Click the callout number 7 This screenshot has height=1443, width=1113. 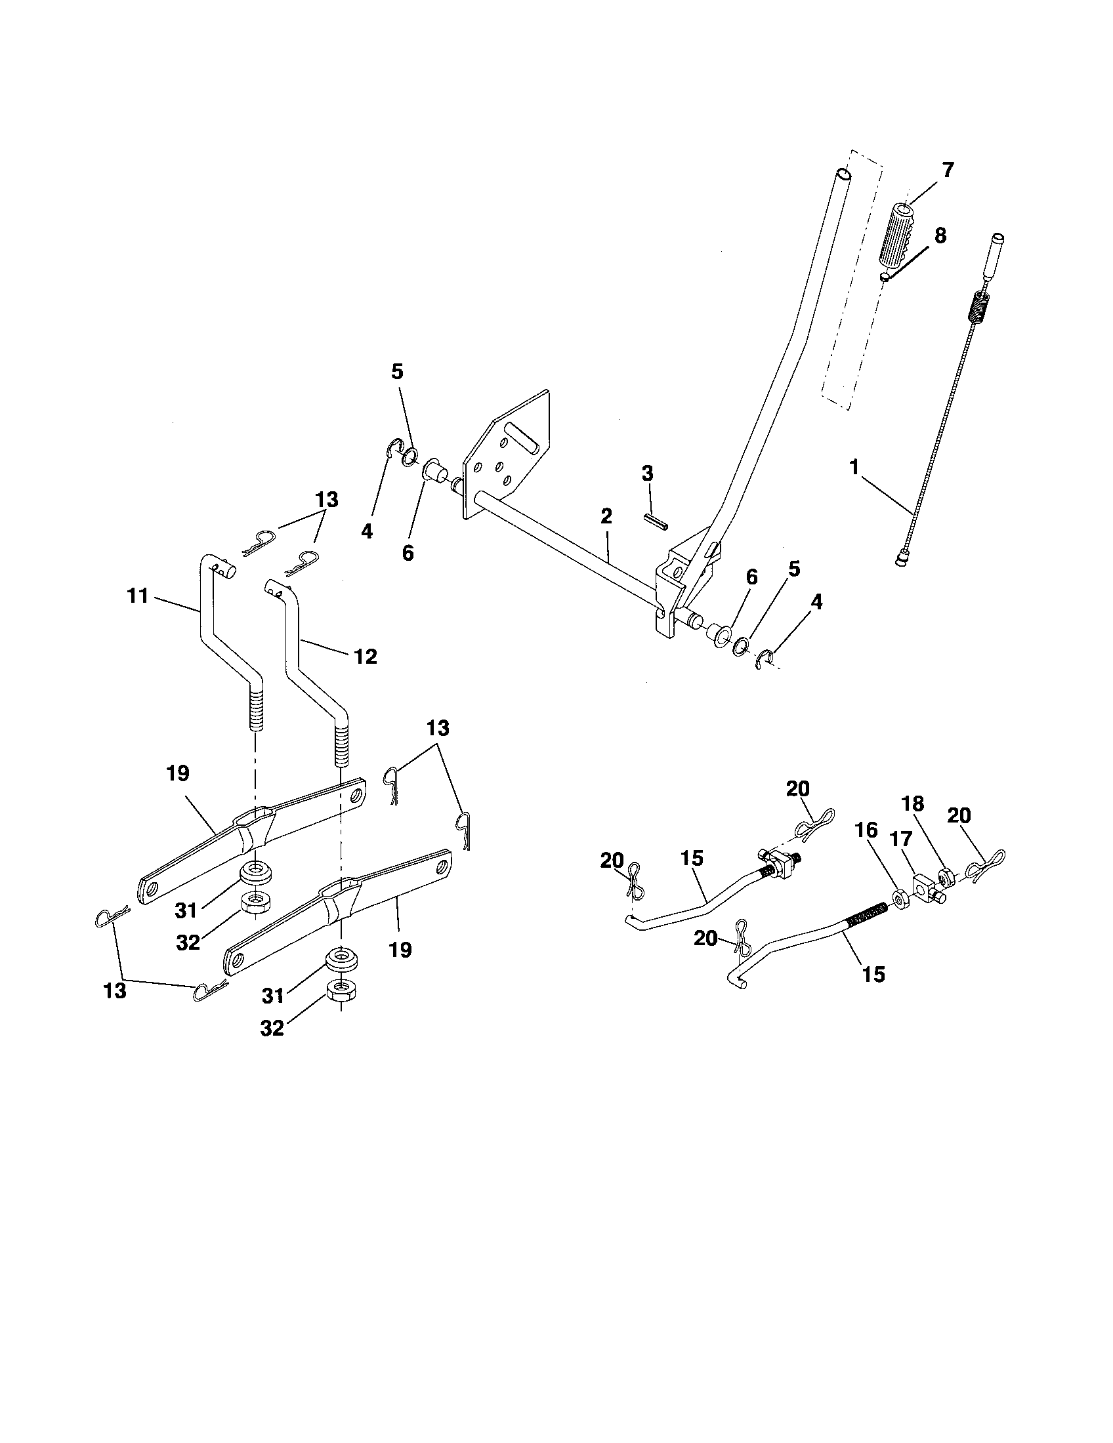[x=948, y=171]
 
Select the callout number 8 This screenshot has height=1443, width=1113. [x=940, y=235]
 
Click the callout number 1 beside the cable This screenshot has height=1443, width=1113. [x=854, y=468]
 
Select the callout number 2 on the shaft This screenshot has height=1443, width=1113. [x=606, y=516]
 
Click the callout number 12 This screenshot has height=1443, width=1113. [x=365, y=656]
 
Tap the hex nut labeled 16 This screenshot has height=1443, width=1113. [x=900, y=899]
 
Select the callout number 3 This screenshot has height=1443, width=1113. [x=647, y=473]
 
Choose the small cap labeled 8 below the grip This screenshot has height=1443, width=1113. [x=886, y=275]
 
